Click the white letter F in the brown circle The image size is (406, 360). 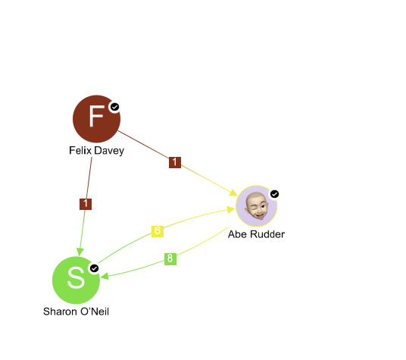point(97,116)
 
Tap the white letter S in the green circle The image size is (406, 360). point(76,277)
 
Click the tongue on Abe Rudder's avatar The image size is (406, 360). point(261,216)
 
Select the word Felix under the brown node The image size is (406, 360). point(80,151)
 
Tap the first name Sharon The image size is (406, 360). point(61,311)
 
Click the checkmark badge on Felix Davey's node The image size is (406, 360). point(114,107)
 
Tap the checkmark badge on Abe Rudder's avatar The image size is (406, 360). point(274,194)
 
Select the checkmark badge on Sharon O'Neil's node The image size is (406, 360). point(94,268)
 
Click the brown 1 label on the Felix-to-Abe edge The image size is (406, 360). point(175,162)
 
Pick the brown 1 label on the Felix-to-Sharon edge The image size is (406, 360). point(86,204)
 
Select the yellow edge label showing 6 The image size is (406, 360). point(158,231)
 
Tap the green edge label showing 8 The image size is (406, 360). point(170,259)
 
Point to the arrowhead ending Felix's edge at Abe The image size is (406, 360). point(233,193)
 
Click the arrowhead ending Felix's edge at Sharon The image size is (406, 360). point(80,252)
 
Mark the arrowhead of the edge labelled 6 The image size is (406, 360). point(231,209)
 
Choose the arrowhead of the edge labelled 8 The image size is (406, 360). point(105,277)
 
